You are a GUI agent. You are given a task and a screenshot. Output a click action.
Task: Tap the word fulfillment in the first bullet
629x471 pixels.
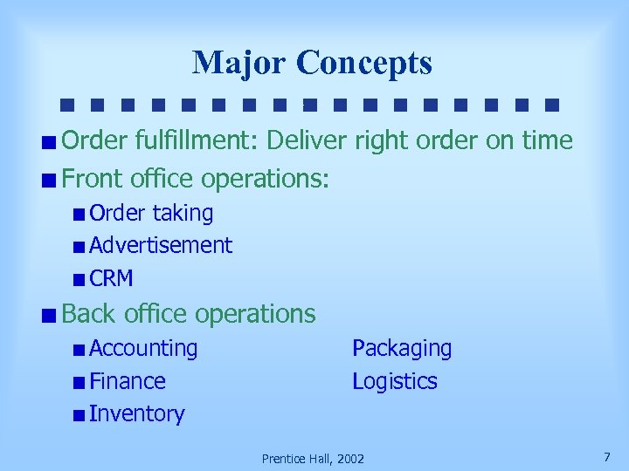(x=183, y=140)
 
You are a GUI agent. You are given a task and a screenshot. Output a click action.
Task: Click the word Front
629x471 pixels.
(x=93, y=179)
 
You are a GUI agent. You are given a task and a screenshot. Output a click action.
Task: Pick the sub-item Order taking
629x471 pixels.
(x=151, y=213)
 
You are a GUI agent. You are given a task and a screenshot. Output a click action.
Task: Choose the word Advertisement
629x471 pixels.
(x=161, y=245)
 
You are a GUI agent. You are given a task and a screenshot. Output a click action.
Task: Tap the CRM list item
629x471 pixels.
(x=111, y=278)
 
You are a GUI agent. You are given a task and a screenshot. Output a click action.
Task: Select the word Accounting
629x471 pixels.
(x=143, y=348)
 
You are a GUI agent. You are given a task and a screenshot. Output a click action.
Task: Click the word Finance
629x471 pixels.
(x=128, y=381)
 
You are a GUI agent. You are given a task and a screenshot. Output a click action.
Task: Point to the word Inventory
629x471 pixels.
(x=137, y=413)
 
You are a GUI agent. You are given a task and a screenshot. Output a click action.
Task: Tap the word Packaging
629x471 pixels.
(x=402, y=348)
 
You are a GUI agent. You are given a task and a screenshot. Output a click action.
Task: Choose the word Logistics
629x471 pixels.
(x=395, y=381)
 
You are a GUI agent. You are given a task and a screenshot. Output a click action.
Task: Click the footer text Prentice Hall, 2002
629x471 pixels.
(x=314, y=458)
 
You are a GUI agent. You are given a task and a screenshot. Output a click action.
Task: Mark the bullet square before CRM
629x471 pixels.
(x=79, y=280)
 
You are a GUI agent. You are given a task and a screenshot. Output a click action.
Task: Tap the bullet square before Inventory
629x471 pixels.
(x=79, y=415)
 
